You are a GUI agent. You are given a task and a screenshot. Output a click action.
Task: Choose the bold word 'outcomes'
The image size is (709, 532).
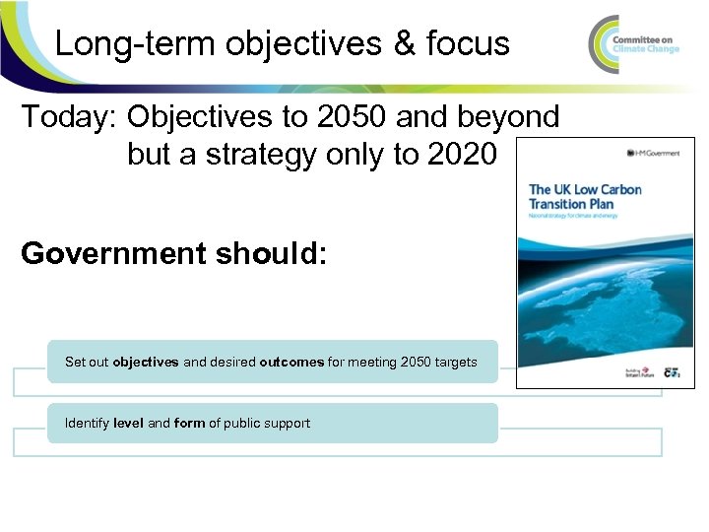click(x=291, y=363)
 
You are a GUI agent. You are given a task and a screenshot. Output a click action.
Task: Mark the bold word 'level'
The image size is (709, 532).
click(x=129, y=424)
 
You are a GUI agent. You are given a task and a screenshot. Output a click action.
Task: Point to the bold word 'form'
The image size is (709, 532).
click(x=189, y=424)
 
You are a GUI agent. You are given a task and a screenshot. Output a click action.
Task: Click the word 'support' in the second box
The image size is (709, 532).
click(x=287, y=424)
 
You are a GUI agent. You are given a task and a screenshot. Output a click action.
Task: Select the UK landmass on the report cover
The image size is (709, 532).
click(x=611, y=296)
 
